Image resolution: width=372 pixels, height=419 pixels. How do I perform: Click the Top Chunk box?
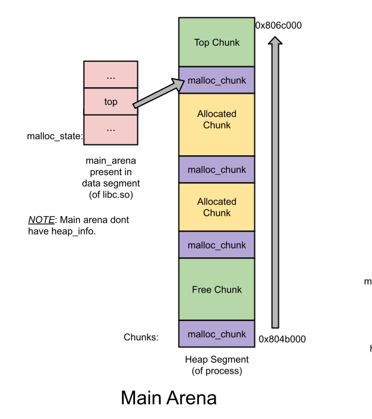[x=216, y=42]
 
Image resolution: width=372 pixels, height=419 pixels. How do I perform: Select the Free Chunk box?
[x=216, y=289]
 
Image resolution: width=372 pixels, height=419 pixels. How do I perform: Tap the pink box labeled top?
[x=110, y=101]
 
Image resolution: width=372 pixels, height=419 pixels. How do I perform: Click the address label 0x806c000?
[x=278, y=26]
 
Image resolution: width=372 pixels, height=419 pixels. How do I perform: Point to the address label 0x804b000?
[x=282, y=339]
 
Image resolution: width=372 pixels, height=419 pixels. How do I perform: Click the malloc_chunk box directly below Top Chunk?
[x=216, y=80]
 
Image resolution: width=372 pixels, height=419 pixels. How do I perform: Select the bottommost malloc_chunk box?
[x=216, y=334]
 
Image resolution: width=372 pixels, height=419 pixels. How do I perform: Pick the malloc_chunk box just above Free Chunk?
[x=216, y=245]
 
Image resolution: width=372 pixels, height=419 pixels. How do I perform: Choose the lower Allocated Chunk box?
[x=216, y=207]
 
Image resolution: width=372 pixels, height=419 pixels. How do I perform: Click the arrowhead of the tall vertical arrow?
[x=275, y=41]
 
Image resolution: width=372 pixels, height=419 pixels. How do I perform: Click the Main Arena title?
[x=168, y=398]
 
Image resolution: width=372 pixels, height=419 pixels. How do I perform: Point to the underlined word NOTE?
[x=41, y=220]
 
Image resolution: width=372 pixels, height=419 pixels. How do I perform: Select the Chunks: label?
[x=141, y=337]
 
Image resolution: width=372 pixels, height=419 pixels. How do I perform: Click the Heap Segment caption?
[x=217, y=360]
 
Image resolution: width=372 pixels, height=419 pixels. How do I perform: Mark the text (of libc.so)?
[x=110, y=195]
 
